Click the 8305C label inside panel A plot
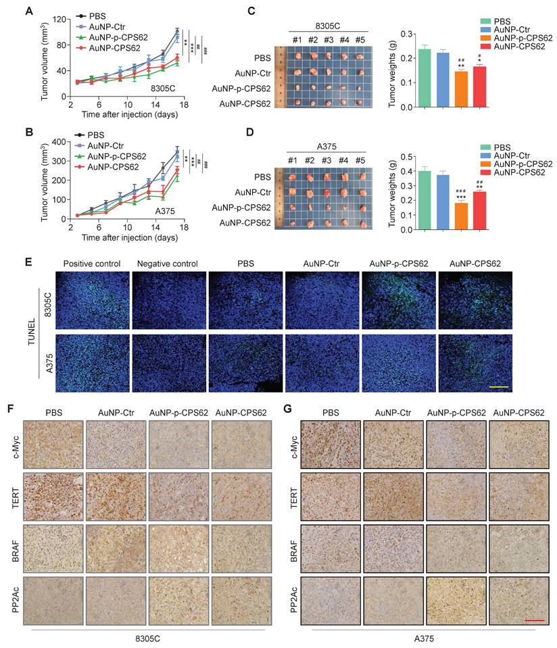coord(162,88)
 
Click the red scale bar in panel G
coord(534,618)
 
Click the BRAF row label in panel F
coord(14,549)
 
